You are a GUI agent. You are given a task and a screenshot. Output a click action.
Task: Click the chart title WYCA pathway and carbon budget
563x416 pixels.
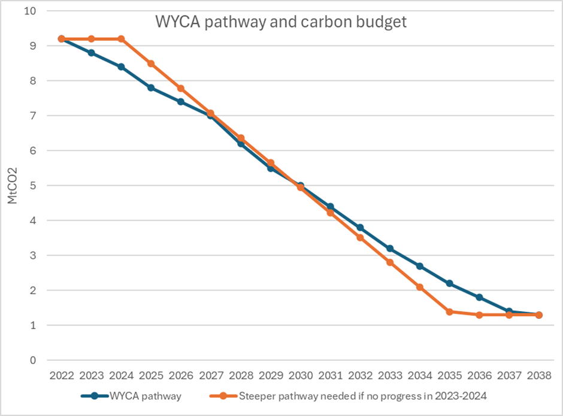click(x=281, y=22)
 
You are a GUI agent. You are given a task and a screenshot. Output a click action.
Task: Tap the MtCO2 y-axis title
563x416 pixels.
click(x=13, y=185)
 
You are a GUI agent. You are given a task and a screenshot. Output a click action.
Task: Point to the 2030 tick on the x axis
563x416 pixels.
click(x=300, y=376)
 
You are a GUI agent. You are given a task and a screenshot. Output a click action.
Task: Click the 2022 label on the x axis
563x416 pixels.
click(x=62, y=376)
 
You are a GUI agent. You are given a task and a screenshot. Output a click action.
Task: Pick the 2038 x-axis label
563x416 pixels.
click(x=538, y=376)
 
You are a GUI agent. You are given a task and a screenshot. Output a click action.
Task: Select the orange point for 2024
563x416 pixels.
click(x=121, y=39)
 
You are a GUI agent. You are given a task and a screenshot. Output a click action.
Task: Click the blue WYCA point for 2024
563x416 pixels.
click(x=121, y=67)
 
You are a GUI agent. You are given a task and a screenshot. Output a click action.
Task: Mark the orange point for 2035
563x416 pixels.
click(x=449, y=312)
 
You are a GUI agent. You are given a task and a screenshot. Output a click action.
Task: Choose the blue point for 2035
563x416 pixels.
click(x=449, y=284)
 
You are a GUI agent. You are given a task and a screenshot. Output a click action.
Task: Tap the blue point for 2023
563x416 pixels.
click(x=91, y=53)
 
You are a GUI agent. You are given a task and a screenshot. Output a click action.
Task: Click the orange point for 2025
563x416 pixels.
click(x=151, y=64)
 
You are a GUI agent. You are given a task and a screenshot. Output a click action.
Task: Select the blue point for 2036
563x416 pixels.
click(x=479, y=297)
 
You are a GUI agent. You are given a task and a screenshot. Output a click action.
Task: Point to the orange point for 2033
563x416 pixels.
click(x=390, y=263)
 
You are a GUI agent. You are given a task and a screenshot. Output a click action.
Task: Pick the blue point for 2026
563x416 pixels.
click(x=181, y=102)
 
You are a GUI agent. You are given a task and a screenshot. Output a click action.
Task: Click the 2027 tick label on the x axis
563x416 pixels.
click(x=211, y=376)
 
